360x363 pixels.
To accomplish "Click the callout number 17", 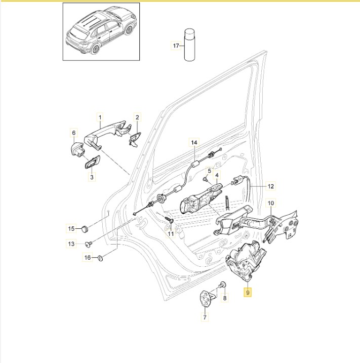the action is click(176, 46).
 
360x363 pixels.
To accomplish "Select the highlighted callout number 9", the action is click(248, 293).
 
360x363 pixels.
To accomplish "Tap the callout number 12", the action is click(270, 186).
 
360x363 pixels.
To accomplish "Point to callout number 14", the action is click(194, 143).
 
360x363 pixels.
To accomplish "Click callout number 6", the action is click(73, 133).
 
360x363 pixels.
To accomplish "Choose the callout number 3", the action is click(92, 177).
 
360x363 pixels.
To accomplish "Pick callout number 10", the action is click(270, 203).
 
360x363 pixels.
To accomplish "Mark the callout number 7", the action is click(205, 317).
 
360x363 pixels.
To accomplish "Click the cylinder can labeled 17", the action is click(189, 45).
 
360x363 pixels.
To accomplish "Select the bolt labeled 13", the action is click(88, 244).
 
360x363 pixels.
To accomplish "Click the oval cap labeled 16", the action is click(100, 258).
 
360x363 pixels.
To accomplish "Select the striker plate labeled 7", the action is click(206, 298).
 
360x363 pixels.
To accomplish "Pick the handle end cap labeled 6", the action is click(77, 149).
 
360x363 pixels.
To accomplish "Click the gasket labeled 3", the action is click(92, 163).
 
